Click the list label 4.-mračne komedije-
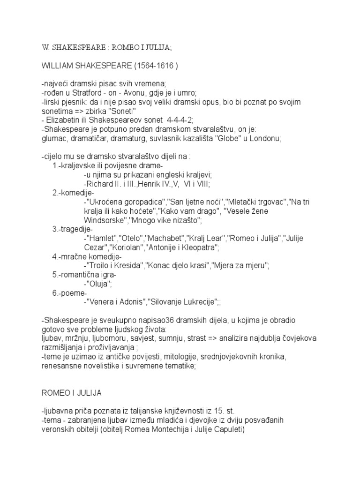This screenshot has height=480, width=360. [x=87, y=256]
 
